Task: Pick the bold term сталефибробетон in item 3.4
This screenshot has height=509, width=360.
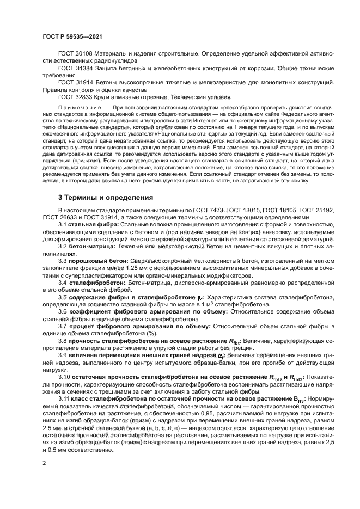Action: [x=96, y=283]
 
